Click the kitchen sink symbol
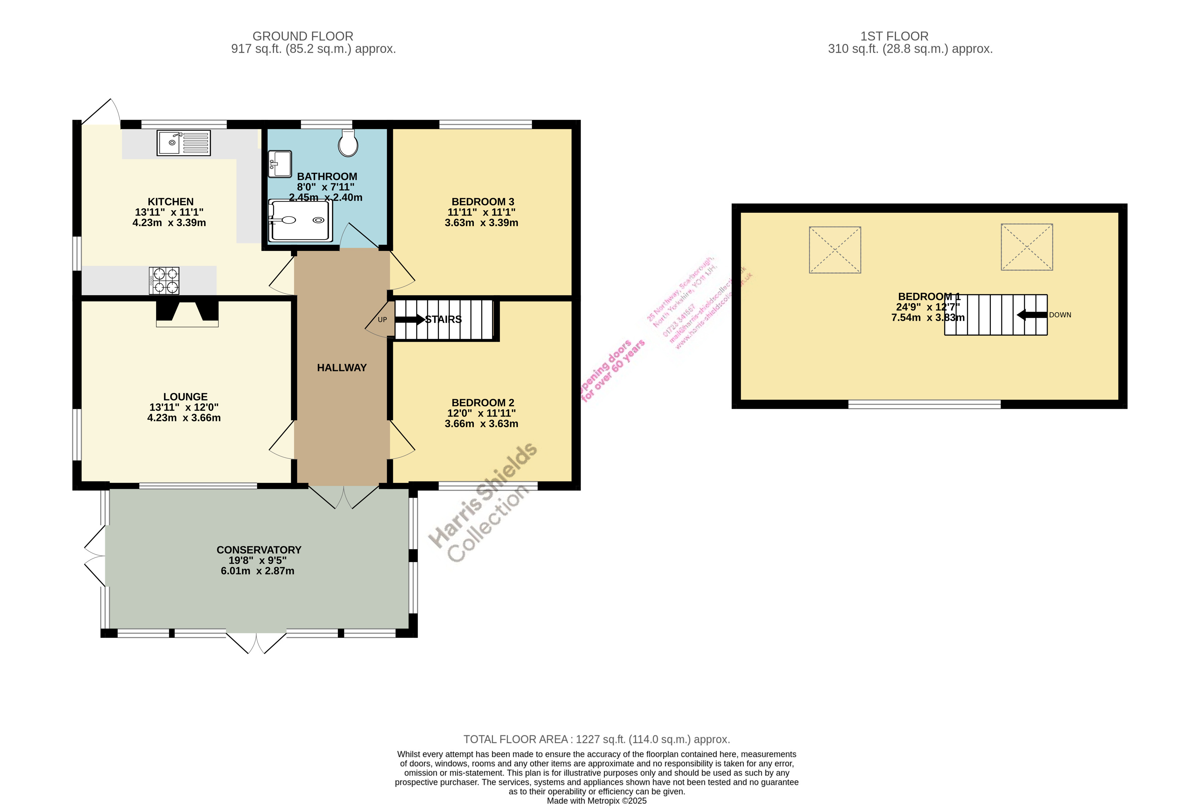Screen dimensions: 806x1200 click(x=183, y=142)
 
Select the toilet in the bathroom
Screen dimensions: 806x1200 click(x=348, y=143)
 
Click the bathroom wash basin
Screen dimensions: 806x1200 click(x=280, y=163)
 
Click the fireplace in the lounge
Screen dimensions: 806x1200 click(x=187, y=313)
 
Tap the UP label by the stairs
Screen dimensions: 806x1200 click(x=382, y=320)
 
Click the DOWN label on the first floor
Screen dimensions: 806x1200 click(x=1060, y=315)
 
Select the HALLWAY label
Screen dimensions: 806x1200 click(x=342, y=368)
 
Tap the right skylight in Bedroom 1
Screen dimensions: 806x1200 click(x=1026, y=247)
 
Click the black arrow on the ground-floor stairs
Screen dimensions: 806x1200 click(x=409, y=320)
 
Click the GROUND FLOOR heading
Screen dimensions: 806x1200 click(x=302, y=36)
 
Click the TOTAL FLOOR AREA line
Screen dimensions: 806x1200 click(x=597, y=739)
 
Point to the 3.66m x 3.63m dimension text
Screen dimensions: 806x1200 click(x=481, y=424)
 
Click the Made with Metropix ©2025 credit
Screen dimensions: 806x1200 click(x=597, y=800)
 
